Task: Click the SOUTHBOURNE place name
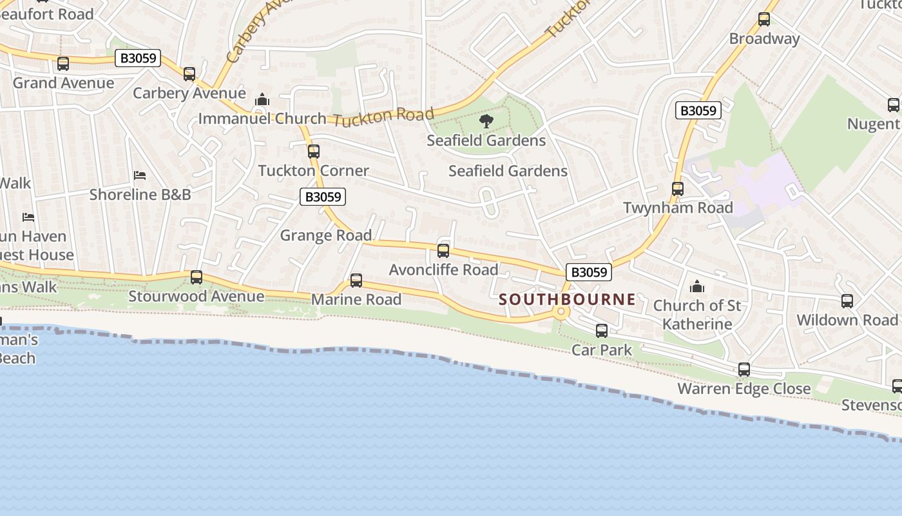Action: click(567, 299)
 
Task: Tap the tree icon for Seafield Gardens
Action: click(486, 121)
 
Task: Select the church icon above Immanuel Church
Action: click(262, 100)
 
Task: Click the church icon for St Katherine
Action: click(696, 286)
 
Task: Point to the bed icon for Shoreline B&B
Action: click(140, 175)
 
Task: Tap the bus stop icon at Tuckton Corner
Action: click(314, 152)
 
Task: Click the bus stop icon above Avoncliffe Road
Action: click(443, 251)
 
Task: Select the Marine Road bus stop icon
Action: click(356, 281)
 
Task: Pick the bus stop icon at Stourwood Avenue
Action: click(197, 277)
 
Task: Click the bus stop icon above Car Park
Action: click(602, 331)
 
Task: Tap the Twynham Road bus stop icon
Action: click(678, 189)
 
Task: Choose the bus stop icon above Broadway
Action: click(764, 19)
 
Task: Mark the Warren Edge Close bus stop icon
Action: click(744, 370)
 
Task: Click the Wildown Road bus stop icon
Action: click(847, 301)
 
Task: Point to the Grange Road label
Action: click(326, 235)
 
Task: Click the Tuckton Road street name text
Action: click(384, 117)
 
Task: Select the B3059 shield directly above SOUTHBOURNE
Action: click(588, 272)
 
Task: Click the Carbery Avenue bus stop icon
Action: click(189, 74)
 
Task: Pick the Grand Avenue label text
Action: click(63, 83)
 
